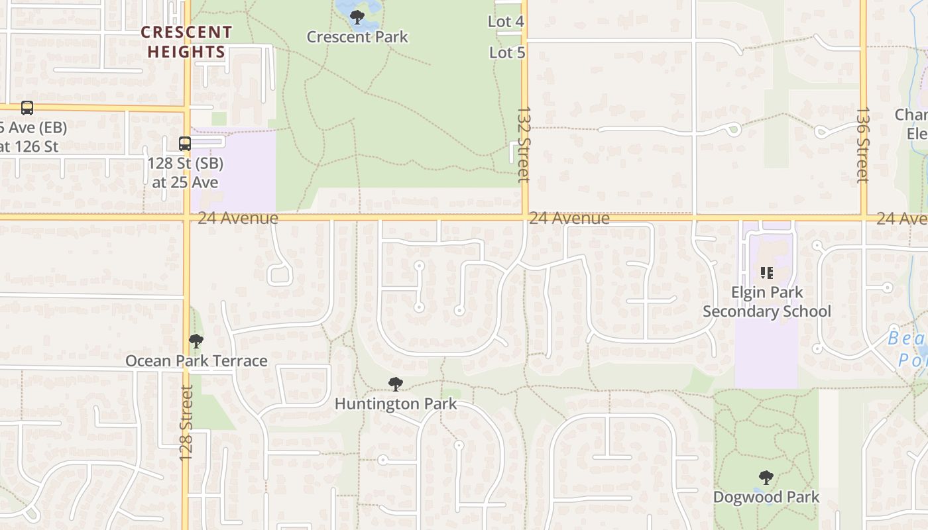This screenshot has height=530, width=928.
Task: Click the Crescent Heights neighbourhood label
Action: tap(186, 42)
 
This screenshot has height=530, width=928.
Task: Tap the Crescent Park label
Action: tap(357, 36)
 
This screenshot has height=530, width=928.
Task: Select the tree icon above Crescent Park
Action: tap(357, 17)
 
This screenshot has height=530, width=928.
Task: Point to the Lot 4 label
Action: tap(506, 21)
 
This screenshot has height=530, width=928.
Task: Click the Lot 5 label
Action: tap(507, 52)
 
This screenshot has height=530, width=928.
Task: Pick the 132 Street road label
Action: tap(524, 144)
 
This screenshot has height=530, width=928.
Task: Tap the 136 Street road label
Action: tap(862, 145)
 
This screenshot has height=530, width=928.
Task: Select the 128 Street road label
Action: tap(186, 423)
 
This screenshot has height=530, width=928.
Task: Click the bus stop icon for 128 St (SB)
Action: tap(185, 143)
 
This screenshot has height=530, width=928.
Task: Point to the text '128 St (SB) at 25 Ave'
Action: tap(185, 172)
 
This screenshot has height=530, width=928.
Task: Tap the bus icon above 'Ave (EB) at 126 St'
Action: tap(27, 107)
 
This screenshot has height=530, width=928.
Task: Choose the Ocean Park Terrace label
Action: tap(196, 361)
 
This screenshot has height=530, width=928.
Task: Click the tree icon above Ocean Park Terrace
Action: tap(196, 341)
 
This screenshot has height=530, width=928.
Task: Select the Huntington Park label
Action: tap(396, 403)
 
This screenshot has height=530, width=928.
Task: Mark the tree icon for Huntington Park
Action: tap(396, 384)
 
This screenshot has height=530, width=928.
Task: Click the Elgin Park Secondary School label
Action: tap(767, 302)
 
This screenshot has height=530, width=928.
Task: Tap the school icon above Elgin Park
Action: tap(767, 272)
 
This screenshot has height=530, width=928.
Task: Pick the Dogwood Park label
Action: tap(766, 497)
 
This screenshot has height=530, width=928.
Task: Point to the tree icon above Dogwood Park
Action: tap(766, 477)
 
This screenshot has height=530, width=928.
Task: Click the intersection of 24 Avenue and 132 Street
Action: tap(525, 217)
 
